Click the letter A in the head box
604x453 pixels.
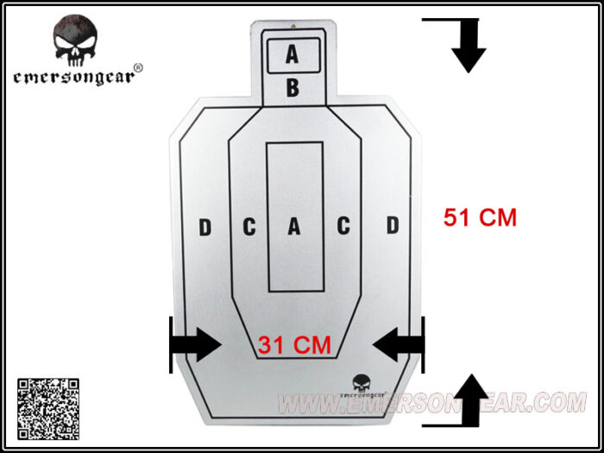tap(292, 53)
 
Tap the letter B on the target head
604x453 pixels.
tap(293, 88)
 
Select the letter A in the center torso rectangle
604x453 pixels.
tap(294, 226)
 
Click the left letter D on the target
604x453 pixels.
tap(205, 227)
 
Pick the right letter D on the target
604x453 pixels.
tap(393, 225)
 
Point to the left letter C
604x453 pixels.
tap(249, 227)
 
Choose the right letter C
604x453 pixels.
tap(343, 226)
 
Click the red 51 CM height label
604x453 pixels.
tap(480, 217)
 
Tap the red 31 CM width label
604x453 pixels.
tap(294, 345)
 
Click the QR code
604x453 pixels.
tap(48, 409)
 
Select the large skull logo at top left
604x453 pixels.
tap(75, 41)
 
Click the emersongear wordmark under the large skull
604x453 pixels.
tap(73, 78)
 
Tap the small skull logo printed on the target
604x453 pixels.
tap(364, 383)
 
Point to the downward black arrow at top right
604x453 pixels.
tap(469, 46)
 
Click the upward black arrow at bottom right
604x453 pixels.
tap(472, 400)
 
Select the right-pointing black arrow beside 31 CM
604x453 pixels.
tap(196, 344)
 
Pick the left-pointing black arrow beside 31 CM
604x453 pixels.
tap(399, 344)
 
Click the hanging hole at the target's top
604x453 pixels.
tap(293, 26)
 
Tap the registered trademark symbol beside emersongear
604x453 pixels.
tap(139, 68)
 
